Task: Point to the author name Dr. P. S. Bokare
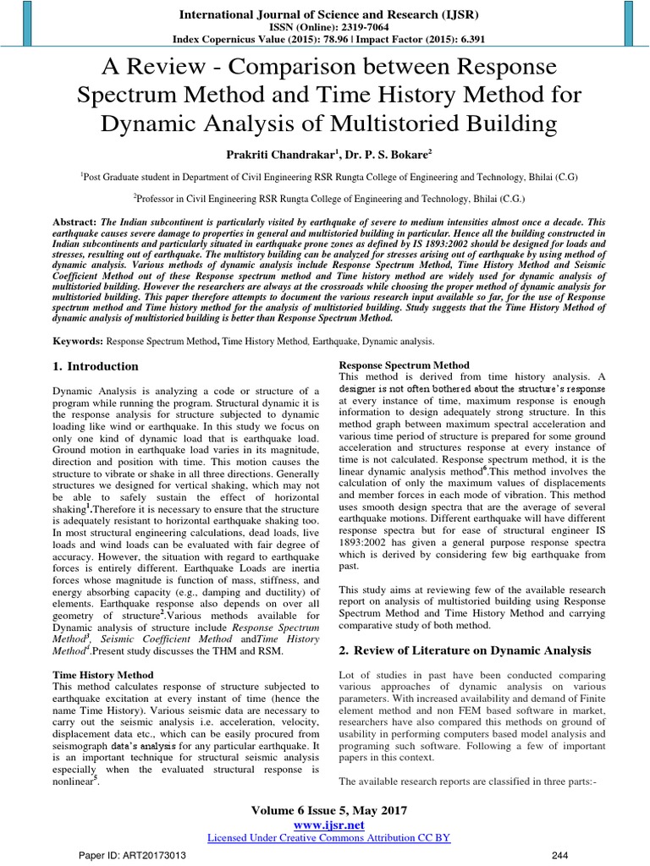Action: click(x=384, y=153)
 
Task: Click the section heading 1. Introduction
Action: click(x=96, y=366)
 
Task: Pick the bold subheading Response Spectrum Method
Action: click(x=404, y=364)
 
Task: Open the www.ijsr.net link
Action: click(x=324, y=824)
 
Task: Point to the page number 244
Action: click(x=583, y=857)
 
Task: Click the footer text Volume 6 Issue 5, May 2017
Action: click(x=324, y=810)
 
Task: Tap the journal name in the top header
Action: click(x=324, y=14)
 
